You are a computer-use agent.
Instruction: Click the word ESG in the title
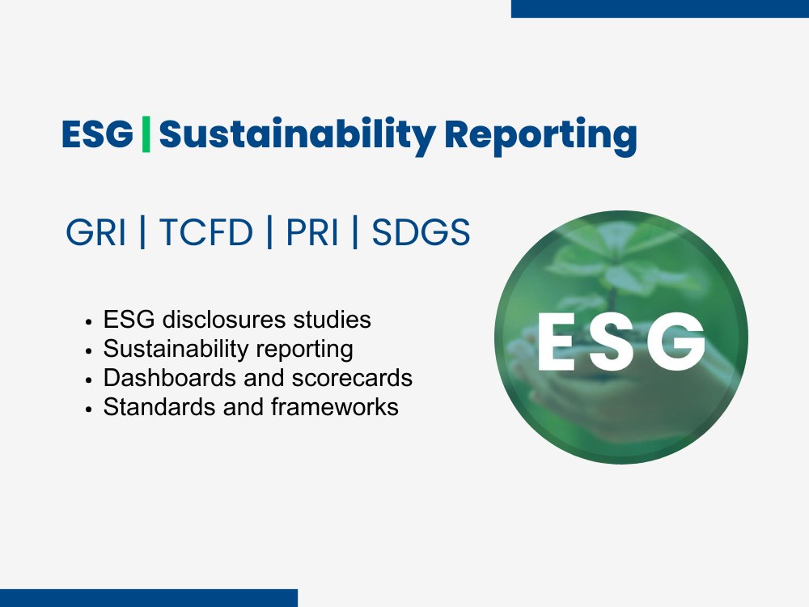97,134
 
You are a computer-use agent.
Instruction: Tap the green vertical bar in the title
146,134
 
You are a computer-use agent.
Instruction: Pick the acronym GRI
96,233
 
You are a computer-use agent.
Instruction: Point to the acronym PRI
312,233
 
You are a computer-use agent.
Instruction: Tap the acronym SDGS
421,233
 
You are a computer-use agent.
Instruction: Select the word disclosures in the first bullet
217,320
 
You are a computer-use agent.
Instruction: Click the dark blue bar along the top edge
659,8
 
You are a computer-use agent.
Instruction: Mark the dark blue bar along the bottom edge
149,598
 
